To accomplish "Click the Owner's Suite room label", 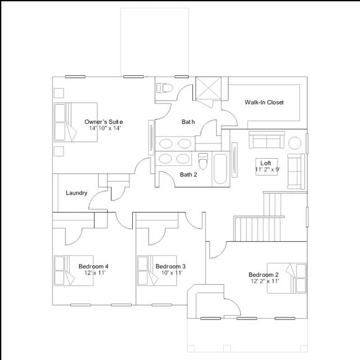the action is point(103,121).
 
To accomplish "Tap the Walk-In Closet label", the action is point(264,102).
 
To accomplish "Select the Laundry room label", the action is point(76,193).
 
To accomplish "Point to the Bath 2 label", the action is point(188,175).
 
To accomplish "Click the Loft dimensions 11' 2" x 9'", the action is point(268,170).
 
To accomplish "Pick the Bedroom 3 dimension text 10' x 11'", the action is point(172,273).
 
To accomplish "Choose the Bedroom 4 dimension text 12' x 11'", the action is point(95,273).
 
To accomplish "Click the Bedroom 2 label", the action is point(264,274).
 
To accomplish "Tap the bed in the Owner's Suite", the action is point(76,122).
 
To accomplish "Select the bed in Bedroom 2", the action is point(286,278).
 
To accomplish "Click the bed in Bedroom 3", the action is point(157,271).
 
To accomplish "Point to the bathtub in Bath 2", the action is point(220,169).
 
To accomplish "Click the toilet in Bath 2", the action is point(202,160).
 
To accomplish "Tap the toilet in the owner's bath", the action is point(164,88).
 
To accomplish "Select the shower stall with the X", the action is point(208,89).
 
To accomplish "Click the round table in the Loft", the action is point(295,143).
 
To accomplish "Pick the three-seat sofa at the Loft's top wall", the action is point(267,139).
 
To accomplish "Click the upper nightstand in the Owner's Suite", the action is point(58,93).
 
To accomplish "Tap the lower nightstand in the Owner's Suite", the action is point(58,151).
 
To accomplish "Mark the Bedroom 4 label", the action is point(93,266).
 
